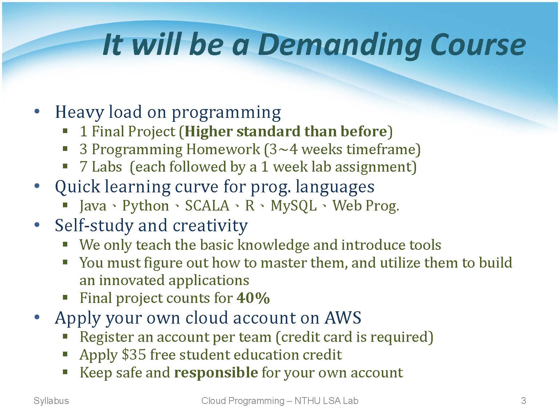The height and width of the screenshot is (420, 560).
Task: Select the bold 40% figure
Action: tap(253, 297)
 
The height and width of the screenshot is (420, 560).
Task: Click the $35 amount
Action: tap(134, 355)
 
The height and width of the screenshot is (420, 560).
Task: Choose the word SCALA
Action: tap(207, 205)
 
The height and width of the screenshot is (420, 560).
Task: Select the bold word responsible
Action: tap(216, 373)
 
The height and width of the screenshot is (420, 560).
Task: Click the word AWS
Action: tap(343, 318)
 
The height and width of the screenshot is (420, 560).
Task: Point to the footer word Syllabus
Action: tap(51, 401)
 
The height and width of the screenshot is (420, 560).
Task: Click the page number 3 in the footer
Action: tap(523, 401)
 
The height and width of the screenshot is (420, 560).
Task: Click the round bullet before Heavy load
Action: tap(37, 111)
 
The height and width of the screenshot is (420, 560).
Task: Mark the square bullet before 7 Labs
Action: tap(65, 167)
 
